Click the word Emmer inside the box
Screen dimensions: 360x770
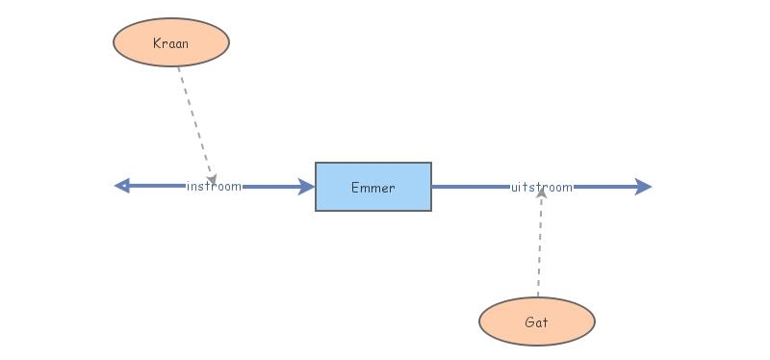pyautogui.click(x=373, y=188)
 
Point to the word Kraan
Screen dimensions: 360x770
pyautogui.click(x=171, y=43)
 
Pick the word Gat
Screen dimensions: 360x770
pyautogui.click(x=537, y=322)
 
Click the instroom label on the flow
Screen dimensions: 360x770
pyautogui.click(x=214, y=187)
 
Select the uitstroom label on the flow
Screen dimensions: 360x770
pyautogui.click(x=542, y=187)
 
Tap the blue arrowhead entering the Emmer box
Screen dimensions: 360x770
pyautogui.click(x=307, y=187)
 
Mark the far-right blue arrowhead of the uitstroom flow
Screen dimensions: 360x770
pyautogui.click(x=644, y=187)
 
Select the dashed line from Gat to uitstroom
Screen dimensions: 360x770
pyautogui.click(x=540, y=250)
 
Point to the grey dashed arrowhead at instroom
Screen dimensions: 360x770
pyautogui.click(x=211, y=179)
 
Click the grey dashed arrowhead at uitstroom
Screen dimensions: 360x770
pyautogui.click(x=542, y=193)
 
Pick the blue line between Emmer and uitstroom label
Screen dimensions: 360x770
pyautogui.click(x=472, y=187)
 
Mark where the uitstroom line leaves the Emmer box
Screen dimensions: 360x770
pyautogui.click(x=433, y=187)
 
